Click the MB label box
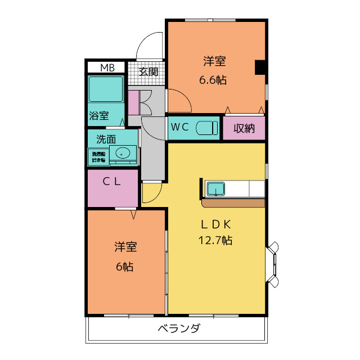point(106,68)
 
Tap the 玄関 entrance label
point(149,71)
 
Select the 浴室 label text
point(99,116)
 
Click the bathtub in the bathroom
point(106,89)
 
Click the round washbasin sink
point(122,153)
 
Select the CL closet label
point(111,181)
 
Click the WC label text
point(179,127)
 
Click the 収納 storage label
point(244,128)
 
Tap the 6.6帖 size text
point(213,80)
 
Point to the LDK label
point(216,224)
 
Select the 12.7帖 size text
point(215,241)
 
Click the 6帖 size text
point(124,267)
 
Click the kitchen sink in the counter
point(216,188)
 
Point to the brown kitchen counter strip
point(233,202)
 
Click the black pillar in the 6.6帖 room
point(260,67)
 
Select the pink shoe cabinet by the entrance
point(133,102)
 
